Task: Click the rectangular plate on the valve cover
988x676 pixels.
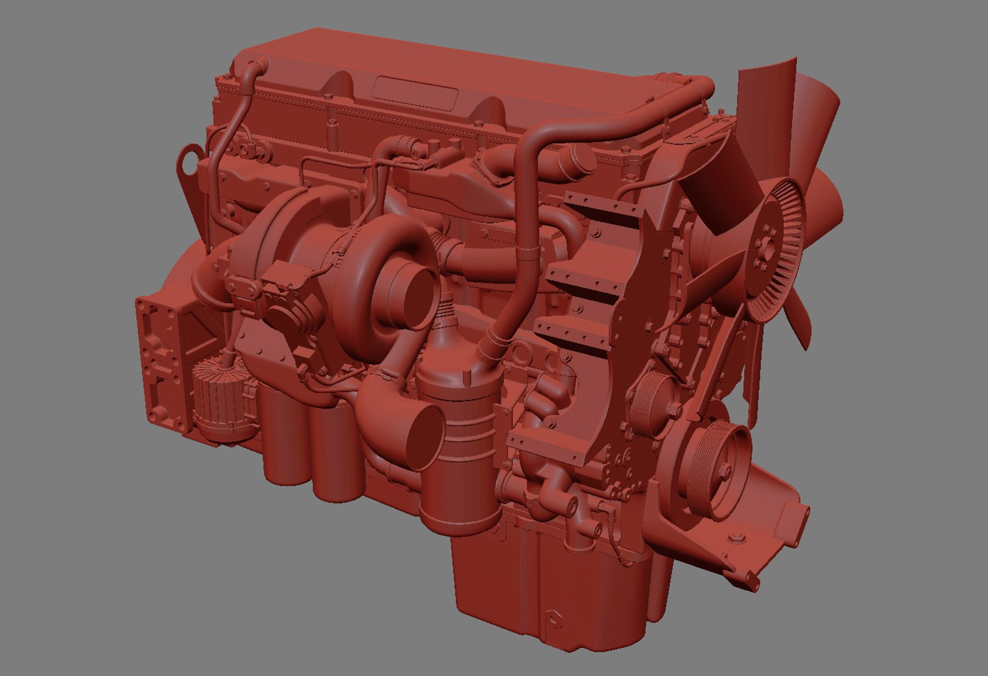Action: coord(415,93)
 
